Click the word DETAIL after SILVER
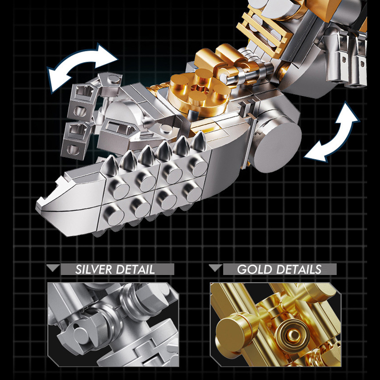point(135,269)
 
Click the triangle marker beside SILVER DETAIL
point(53,268)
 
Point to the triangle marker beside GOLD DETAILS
point(216,268)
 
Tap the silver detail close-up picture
point(113,324)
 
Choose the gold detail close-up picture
point(275,324)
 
